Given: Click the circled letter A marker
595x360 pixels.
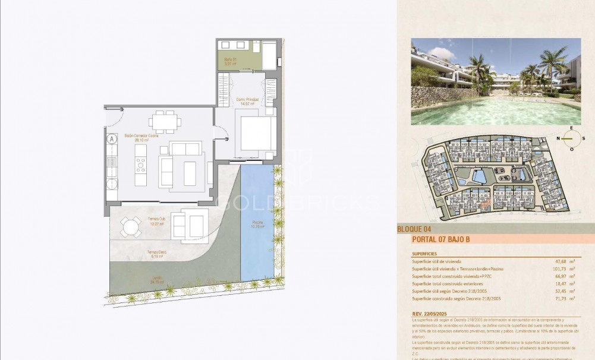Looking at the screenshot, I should point(112,139).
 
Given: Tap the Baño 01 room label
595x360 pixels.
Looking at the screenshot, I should point(231,60).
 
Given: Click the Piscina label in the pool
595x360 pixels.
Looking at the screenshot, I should point(257,225).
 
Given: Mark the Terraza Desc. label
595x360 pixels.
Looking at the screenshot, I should point(157,254).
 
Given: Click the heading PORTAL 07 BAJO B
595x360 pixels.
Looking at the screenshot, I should point(441,239).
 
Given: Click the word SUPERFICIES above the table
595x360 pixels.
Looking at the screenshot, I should point(424,254).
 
